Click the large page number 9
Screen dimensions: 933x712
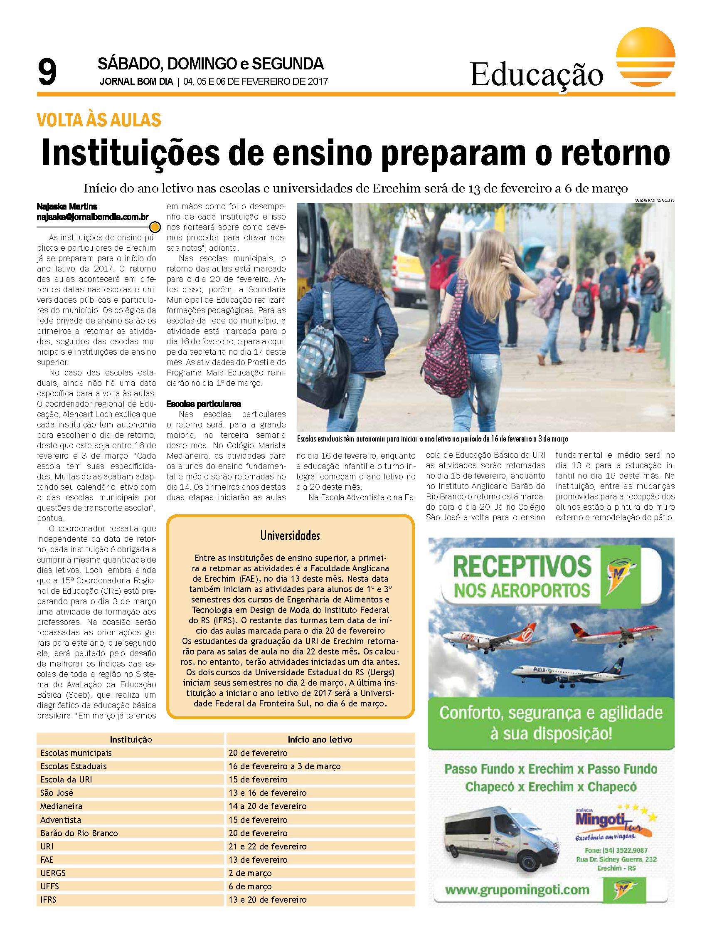47,73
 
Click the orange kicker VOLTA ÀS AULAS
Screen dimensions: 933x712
99,121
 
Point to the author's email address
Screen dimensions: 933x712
93,217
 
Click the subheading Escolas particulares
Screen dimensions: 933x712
204,404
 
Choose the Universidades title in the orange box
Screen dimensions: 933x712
290,536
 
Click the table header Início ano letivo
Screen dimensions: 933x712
320,740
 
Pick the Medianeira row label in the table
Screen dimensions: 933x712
62,806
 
